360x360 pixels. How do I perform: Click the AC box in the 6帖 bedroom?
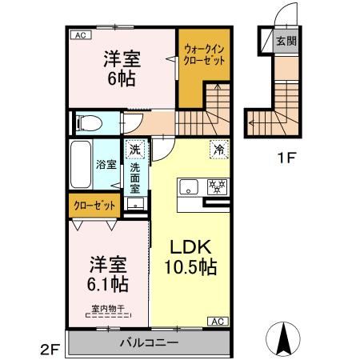click(x=81, y=35)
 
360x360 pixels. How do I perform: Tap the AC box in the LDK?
click(x=218, y=322)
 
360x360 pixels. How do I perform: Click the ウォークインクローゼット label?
click(x=205, y=55)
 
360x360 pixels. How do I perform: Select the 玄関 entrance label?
click(x=286, y=41)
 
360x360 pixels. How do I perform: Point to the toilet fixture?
click(x=89, y=123)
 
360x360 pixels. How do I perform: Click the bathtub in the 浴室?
click(x=81, y=164)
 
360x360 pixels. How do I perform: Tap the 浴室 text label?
click(x=106, y=164)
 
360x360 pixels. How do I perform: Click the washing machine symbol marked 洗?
click(x=135, y=150)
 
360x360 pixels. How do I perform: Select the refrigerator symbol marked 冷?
click(x=219, y=150)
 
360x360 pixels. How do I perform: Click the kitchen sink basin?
click(x=189, y=187)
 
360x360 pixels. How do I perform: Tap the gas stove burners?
click(x=218, y=186)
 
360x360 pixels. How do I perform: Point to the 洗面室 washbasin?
click(x=135, y=203)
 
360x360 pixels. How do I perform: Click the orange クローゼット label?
click(x=94, y=206)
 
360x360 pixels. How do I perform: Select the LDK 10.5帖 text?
click(x=190, y=257)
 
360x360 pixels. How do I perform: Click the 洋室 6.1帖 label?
click(x=108, y=274)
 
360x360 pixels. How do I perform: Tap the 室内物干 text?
click(x=108, y=309)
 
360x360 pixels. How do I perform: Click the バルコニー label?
click(x=149, y=342)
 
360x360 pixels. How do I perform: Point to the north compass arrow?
click(x=283, y=339)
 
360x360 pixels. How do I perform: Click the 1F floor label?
click(x=286, y=158)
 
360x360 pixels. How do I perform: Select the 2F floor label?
click(x=50, y=350)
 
